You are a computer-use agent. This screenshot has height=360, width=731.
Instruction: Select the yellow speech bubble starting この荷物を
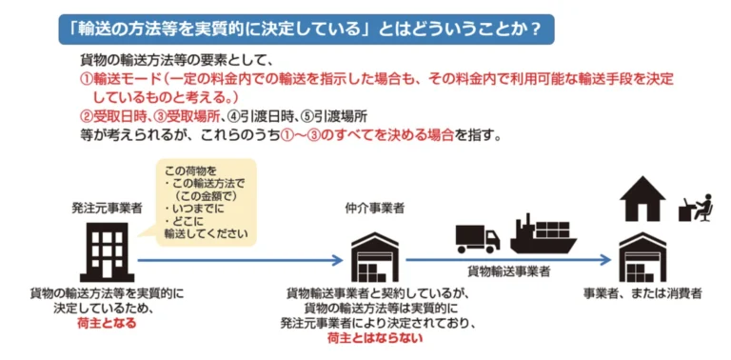click(207, 203)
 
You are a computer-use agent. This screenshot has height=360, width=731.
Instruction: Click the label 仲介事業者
click(370, 208)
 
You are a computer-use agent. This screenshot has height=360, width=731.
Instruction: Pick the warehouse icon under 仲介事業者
click(374, 255)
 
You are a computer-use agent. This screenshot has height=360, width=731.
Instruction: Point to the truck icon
click(478, 238)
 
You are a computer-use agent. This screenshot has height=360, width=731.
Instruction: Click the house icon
click(643, 199)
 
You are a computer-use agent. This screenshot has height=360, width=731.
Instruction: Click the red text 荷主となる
click(107, 323)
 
